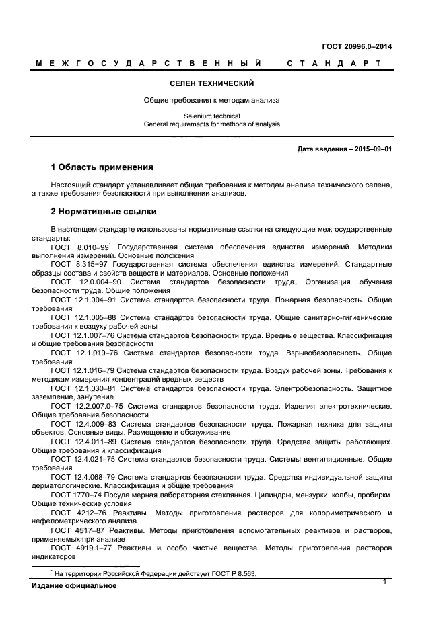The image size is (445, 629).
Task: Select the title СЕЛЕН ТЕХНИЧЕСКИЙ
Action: pos(212,84)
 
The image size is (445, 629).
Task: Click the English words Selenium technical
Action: pos(212,116)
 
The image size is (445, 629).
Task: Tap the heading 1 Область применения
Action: pos(102,167)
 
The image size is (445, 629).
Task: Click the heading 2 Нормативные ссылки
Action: pos(104,212)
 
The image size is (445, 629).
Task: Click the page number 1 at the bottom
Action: pos(384,581)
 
